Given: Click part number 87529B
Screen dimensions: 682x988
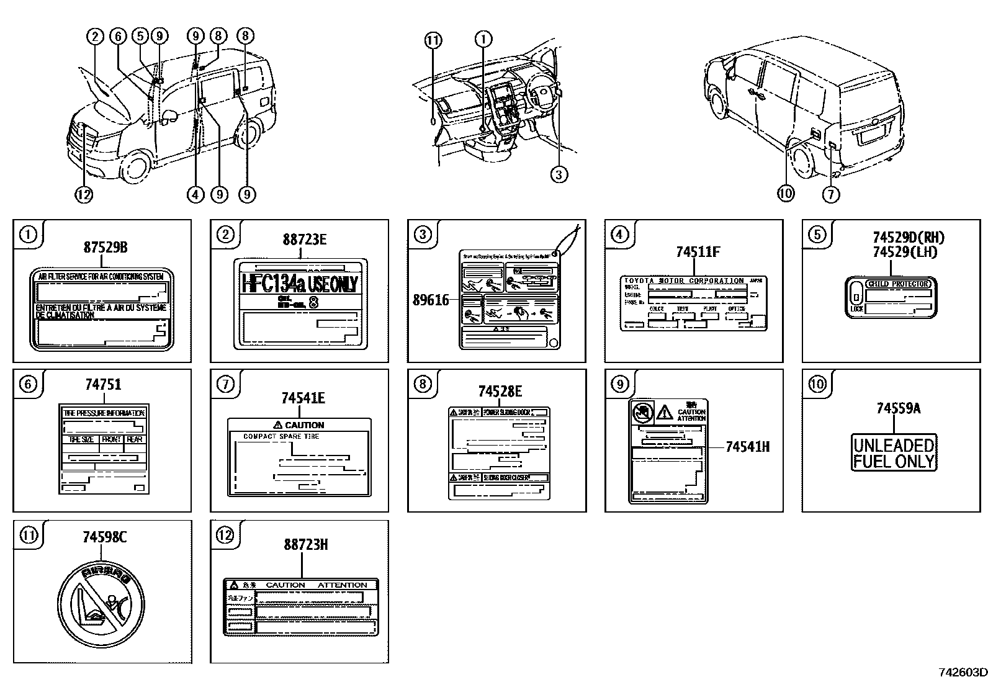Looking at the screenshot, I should pos(106,248).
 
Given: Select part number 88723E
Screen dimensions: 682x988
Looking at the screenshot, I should pos(304,240).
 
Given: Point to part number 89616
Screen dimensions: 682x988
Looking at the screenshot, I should pos(431,300).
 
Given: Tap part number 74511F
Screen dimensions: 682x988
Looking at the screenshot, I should pos(698,252).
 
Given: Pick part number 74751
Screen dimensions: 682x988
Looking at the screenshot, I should pos(103,385).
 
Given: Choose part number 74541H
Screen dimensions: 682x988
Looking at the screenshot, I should pos(747,446).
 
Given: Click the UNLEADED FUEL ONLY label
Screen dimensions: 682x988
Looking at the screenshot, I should pos(894,453).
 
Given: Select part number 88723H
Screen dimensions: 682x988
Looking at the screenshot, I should pos(306,544).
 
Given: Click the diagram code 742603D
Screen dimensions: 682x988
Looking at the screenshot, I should pos(962,672).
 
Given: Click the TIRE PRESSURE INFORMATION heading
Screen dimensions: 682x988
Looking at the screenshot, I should pos(104,413).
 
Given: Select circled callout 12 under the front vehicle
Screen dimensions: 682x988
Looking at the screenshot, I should pos(84,194).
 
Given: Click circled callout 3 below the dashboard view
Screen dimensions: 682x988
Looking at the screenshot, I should pos(559,174).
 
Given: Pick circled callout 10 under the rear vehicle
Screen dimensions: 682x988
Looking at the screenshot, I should pos(785,194).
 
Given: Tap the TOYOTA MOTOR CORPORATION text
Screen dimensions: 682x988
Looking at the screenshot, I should pos(683,280).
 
